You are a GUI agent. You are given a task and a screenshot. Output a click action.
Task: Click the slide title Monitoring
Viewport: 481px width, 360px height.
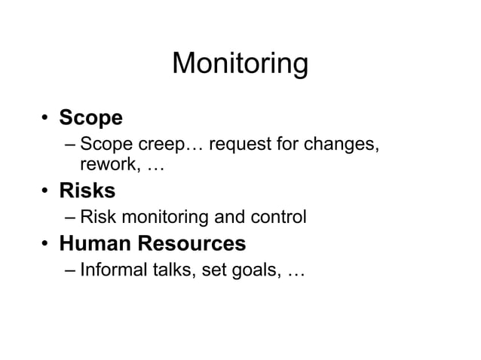point(240,64)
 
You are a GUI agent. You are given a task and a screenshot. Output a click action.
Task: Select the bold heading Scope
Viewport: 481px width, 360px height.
point(90,118)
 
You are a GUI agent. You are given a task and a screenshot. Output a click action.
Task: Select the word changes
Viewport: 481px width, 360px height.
point(340,143)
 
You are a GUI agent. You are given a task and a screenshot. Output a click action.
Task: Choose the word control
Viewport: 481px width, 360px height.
point(279,218)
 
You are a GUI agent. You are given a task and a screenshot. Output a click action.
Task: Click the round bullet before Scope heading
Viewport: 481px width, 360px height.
point(46,119)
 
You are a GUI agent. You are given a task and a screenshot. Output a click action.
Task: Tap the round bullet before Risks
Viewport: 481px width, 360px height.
point(46,192)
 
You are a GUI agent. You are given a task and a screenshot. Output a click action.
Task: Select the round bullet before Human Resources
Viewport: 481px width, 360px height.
point(46,245)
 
